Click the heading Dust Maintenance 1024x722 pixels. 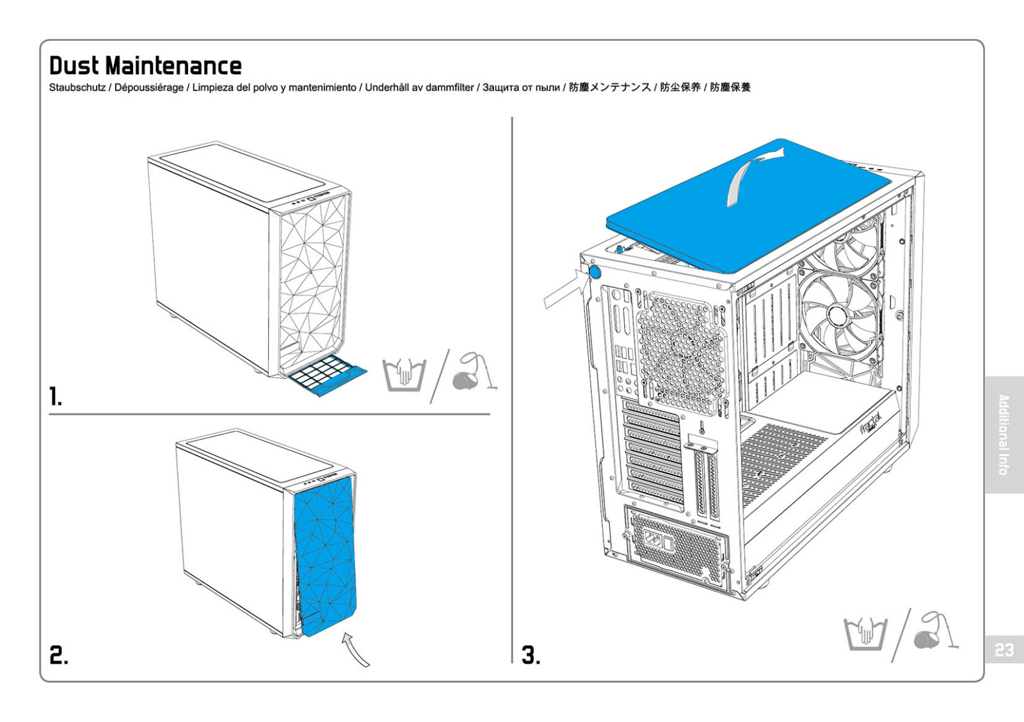tap(145, 66)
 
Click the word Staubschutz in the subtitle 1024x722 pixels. tap(77, 88)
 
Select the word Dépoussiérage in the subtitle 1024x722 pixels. tap(148, 88)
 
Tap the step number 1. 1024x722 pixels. tap(56, 397)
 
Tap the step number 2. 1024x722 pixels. tap(58, 655)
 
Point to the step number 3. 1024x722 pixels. tap(531, 655)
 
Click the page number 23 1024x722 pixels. tap(1004, 650)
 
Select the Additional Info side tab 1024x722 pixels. tap(1004, 435)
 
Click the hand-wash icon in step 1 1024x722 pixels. tap(404, 375)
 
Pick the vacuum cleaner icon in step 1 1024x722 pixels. tap(472, 373)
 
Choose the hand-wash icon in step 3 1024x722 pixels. tap(865, 634)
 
